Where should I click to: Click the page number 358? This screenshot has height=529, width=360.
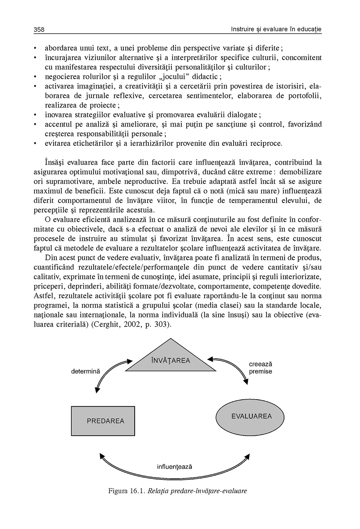point(39,30)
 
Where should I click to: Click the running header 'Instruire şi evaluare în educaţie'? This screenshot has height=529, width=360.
point(276,29)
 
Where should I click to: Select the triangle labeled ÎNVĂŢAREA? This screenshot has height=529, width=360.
point(171,359)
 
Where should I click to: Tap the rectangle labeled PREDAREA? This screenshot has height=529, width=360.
point(103,421)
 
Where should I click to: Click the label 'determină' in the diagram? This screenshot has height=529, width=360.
point(85,371)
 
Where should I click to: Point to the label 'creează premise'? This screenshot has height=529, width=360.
point(261,368)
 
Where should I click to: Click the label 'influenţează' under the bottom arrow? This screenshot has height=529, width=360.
point(175,467)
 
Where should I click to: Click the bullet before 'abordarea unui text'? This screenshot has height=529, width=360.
point(36,48)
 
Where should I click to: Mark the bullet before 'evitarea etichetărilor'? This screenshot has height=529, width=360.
point(36,144)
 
